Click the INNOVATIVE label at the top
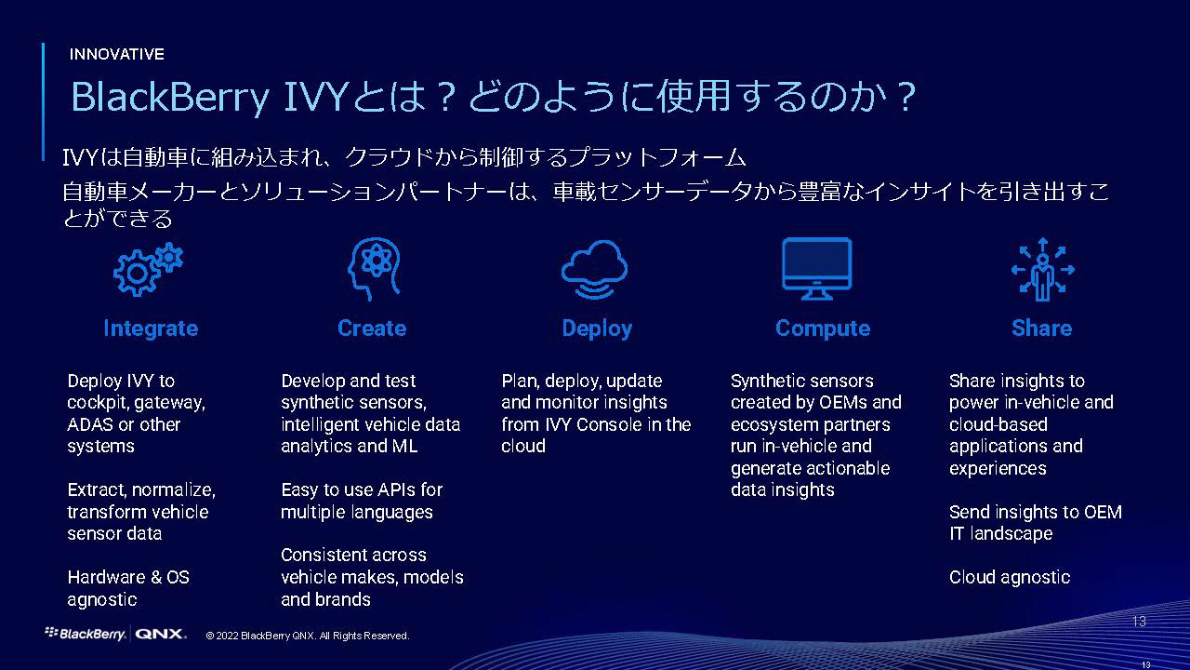point(116,54)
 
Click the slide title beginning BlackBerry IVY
point(493,98)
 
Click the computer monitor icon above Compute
point(817,268)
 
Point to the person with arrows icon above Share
point(1041,268)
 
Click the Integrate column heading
point(151,328)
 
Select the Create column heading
point(372,328)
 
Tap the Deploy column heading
point(597,328)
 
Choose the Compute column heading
point(823,328)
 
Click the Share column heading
point(1041,328)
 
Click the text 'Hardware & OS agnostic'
point(128,588)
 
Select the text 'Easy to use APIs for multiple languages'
point(361,501)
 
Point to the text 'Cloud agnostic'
point(1010,578)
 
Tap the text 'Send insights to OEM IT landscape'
point(1035,523)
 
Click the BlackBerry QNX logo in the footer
point(115,634)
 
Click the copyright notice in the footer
point(308,636)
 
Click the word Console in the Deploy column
point(618,424)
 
